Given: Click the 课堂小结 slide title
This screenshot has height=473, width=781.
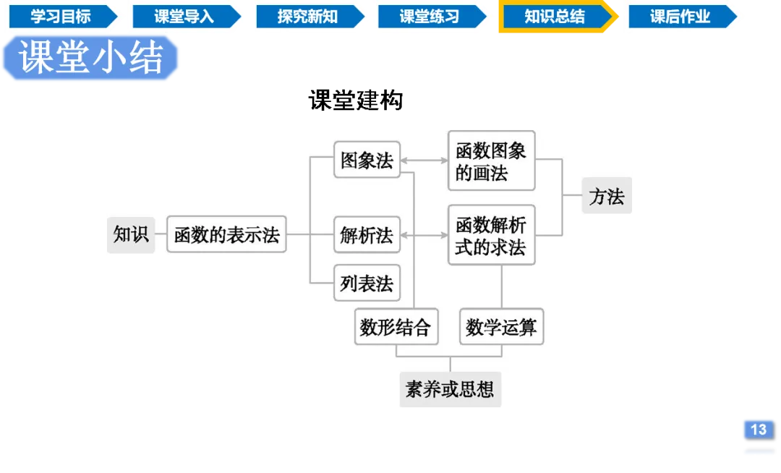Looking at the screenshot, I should click(x=91, y=58).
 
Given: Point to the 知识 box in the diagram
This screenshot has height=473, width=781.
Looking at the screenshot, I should click(x=131, y=234).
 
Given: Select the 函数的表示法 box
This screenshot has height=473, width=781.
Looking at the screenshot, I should click(x=226, y=234).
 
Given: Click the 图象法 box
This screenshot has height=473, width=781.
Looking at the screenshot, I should click(x=367, y=160).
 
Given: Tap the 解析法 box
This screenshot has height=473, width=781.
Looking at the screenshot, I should click(x=367, y=234).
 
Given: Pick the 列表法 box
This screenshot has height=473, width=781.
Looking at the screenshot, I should click(x=367, y=284).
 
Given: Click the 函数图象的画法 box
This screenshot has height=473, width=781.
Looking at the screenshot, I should click(x=491, y=161).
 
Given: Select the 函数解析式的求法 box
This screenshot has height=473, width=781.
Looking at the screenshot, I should click(x=491, y=235).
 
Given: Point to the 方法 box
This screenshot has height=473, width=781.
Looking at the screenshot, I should click(x=607, y=196).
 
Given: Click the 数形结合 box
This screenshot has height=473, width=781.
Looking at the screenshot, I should click(x=396, y=327).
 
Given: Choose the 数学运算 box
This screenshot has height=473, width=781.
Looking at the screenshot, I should click(x=501, y=327).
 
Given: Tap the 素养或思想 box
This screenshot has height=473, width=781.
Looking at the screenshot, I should click(x=450, y=390).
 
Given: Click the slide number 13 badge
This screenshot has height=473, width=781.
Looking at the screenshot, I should click(x=758, y=429).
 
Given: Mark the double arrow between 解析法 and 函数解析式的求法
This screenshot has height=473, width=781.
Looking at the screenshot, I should click(x=424, y=234).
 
